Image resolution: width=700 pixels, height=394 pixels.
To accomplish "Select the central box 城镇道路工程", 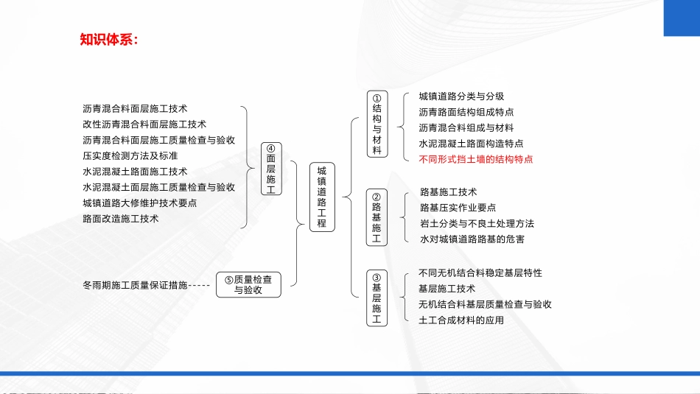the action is (322, 197).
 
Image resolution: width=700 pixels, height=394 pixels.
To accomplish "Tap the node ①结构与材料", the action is (377, 124).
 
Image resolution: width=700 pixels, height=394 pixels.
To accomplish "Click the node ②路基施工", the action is (377, 217).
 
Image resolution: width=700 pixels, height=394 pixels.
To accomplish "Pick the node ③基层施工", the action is (377, 298).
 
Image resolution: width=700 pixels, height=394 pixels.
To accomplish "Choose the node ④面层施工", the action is (271, 169).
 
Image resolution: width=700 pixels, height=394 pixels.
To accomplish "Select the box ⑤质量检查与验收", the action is (248, 285).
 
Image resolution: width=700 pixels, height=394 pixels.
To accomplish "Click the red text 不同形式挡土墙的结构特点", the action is (476, 159).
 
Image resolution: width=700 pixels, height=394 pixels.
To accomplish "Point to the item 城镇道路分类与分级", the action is (461, 96).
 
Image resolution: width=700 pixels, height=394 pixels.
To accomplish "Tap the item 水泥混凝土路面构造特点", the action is (471, 144).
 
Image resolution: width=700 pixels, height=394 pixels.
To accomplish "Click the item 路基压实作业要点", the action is (458, 208).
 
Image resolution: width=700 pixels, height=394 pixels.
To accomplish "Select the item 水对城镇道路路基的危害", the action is (472, 239).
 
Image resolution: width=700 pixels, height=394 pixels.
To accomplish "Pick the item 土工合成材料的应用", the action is (461, 320).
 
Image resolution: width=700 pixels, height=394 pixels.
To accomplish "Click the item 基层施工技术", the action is (447, 289).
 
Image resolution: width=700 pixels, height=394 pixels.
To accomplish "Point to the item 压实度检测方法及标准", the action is (130, 155).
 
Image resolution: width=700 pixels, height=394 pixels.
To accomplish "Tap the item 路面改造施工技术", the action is (121, 219).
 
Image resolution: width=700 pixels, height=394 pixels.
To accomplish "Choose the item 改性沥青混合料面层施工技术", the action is (144, 124).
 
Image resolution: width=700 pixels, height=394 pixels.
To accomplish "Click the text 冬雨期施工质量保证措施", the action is (135, 285).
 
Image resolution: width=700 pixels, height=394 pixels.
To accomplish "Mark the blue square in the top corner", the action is (682, 18).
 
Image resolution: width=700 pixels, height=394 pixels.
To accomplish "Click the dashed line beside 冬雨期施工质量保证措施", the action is (199, 286).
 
